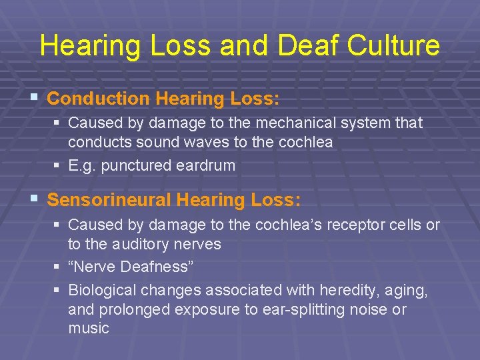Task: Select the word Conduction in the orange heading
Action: click(x=99, y=99)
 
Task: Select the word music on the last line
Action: click(x=88, y=328)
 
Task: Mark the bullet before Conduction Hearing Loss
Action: click(x=34, y=99)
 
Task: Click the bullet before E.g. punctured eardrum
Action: click(x=57, y=165)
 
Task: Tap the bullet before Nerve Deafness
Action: click(x=57, y=267)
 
